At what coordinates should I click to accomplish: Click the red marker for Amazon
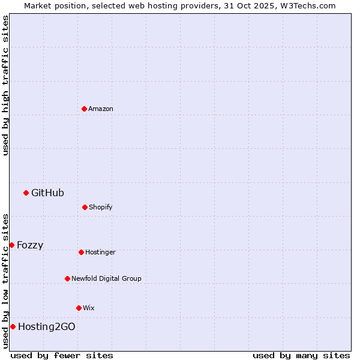click(84, 109)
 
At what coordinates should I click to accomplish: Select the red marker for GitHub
click(26, 193)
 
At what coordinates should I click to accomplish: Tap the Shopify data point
click(85, 207)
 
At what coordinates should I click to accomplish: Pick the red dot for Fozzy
click(11, 245)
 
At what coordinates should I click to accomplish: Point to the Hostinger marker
click(81, 252)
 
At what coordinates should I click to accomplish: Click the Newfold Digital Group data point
click(67, 278)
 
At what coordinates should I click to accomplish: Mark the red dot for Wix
click(79, 308)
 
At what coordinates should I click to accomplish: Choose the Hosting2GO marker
click(13, 326)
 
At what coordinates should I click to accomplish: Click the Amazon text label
click(101, 109)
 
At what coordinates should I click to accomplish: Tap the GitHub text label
click(47, 193)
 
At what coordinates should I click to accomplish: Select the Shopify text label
click(101, 207)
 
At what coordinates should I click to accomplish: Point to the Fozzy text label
click(30, 245)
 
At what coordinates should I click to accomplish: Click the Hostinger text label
click(100, 252)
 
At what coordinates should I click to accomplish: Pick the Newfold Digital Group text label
click(106, 278)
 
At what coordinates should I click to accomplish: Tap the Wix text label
click(89, 308)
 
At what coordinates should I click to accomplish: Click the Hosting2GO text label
click(47, 326)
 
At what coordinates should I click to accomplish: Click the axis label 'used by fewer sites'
click(62, 355)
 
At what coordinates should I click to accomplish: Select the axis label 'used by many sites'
click(301, 355)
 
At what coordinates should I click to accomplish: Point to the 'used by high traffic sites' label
click(5, 85)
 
